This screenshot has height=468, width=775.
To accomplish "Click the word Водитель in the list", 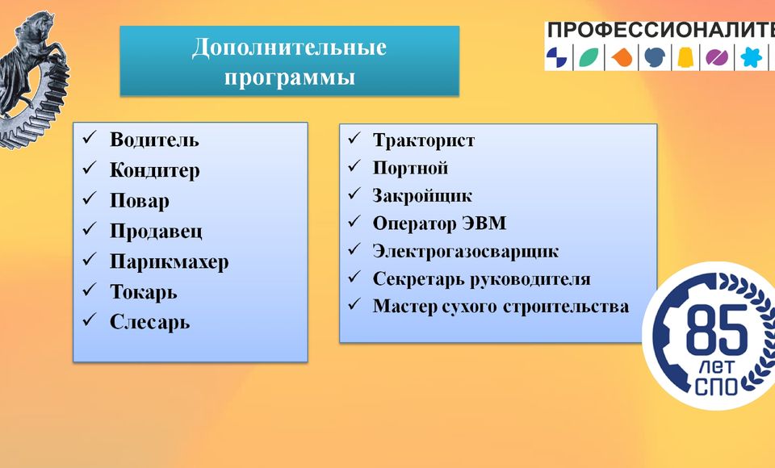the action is [x=154, y=140].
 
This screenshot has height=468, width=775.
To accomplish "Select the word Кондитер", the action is [x=155, y=170].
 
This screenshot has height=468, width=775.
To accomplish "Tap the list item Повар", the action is [x=140, y=201].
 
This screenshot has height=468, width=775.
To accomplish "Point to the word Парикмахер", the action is [x=169, y=262].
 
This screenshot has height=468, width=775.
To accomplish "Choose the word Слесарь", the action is [x=150, y=322].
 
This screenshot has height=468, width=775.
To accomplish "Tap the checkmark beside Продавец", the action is [x=90, y=228].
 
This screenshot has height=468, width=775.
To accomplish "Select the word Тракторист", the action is [x=424, y=140].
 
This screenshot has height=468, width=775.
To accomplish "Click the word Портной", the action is [x=410, y=168].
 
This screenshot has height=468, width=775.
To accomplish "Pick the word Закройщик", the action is [x=422, y=196].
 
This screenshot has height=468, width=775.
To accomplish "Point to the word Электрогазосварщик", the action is [x=466, y=252].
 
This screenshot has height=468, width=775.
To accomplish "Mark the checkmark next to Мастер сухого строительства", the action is [x=354, y=303].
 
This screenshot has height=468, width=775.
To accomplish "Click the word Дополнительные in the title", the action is [x=289, y=48].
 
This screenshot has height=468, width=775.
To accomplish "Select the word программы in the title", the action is [x=290, y=78].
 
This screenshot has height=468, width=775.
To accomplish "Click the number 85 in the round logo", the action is [x=717, y=330].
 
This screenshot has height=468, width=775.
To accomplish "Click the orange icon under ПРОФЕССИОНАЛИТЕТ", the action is [x=622, y=57].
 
